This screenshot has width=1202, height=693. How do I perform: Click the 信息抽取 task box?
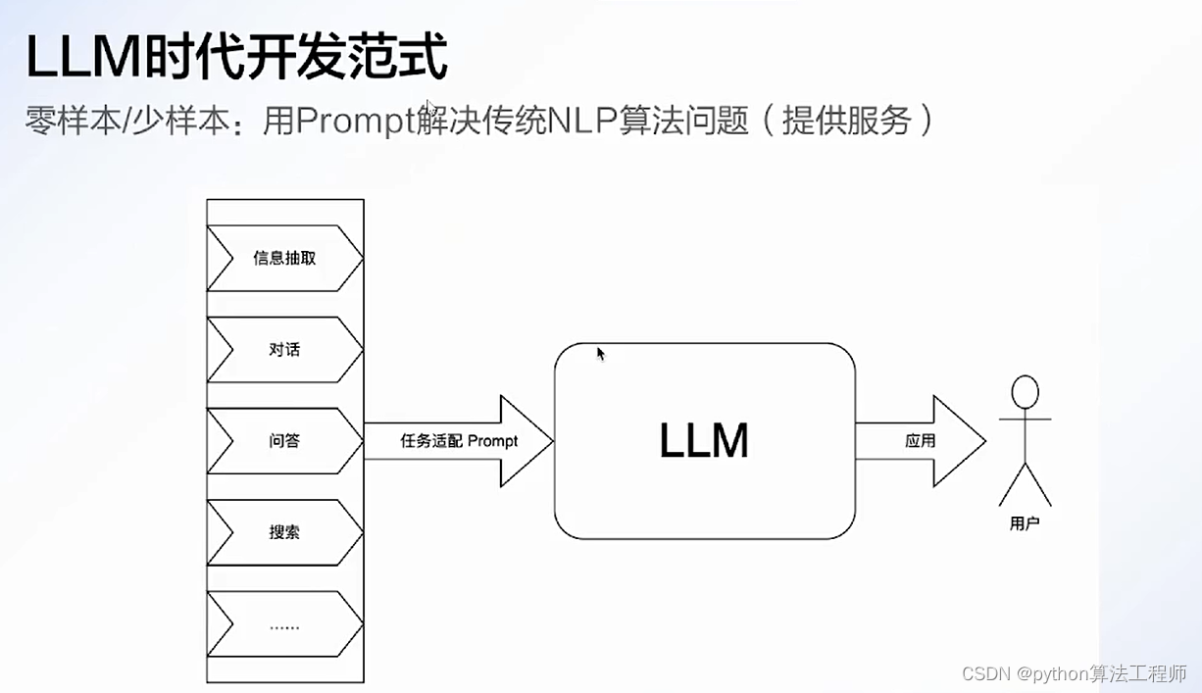pyautogui.click(x=284, y=259)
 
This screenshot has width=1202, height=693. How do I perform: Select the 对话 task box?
pyautogui.click(x=284, y=349)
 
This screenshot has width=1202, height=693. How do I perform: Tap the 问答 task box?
pyautogui.click(x=284, y=441)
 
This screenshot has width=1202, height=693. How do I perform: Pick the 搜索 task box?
pyautogui.click(x=284, y=532)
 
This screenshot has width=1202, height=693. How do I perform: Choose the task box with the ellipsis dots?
pyautogui.click(x=284, y=625)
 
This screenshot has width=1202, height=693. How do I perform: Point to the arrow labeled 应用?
pyautogui.click(x=920, y=441)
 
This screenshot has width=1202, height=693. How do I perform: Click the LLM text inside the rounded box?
pyautogui.click(x=704, y=441)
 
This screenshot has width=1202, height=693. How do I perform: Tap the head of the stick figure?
pyautogui.click(x=1025, y=392)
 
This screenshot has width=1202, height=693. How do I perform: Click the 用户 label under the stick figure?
pyautogui.click(x=1025, y=524)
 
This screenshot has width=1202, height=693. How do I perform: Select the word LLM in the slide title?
pyautogui.click(x=82, y=59)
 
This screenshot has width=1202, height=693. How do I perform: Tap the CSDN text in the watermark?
pyautogui.click(x=985, y=674)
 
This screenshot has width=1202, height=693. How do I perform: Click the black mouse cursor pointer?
pyautogui.click(x=600, y=353)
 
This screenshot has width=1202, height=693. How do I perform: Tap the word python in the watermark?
pyautogui.click(x=1068, y=674)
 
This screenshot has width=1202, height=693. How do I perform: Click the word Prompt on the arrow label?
pyautogui.click(x=493, y=441)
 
